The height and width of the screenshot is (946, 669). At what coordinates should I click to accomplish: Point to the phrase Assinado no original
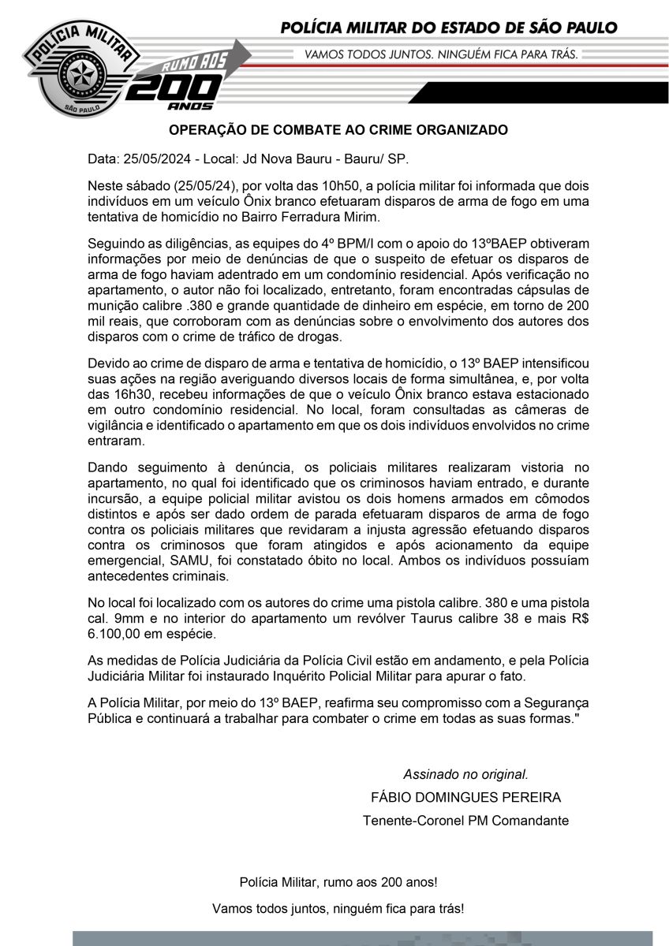tap(465, 773)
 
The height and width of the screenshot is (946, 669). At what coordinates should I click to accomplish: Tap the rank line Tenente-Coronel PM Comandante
tap(465, 820)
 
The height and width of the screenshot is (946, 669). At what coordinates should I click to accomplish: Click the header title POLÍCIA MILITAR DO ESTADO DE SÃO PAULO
tap(449, 28)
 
